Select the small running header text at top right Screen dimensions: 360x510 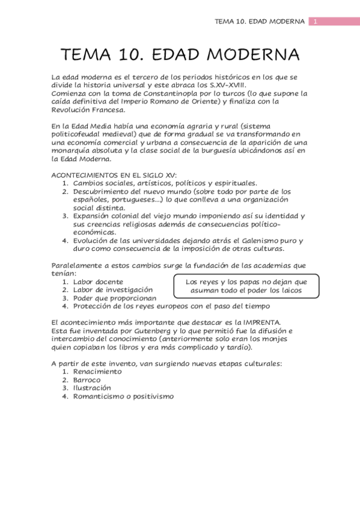tap(260, 22)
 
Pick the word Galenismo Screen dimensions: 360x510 tap(250, 241)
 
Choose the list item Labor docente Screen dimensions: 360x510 tap(98, 281)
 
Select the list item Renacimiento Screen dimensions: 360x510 tap(97, 372)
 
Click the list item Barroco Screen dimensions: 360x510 tap(87, 380)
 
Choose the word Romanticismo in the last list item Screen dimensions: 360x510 tap(99, 396)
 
